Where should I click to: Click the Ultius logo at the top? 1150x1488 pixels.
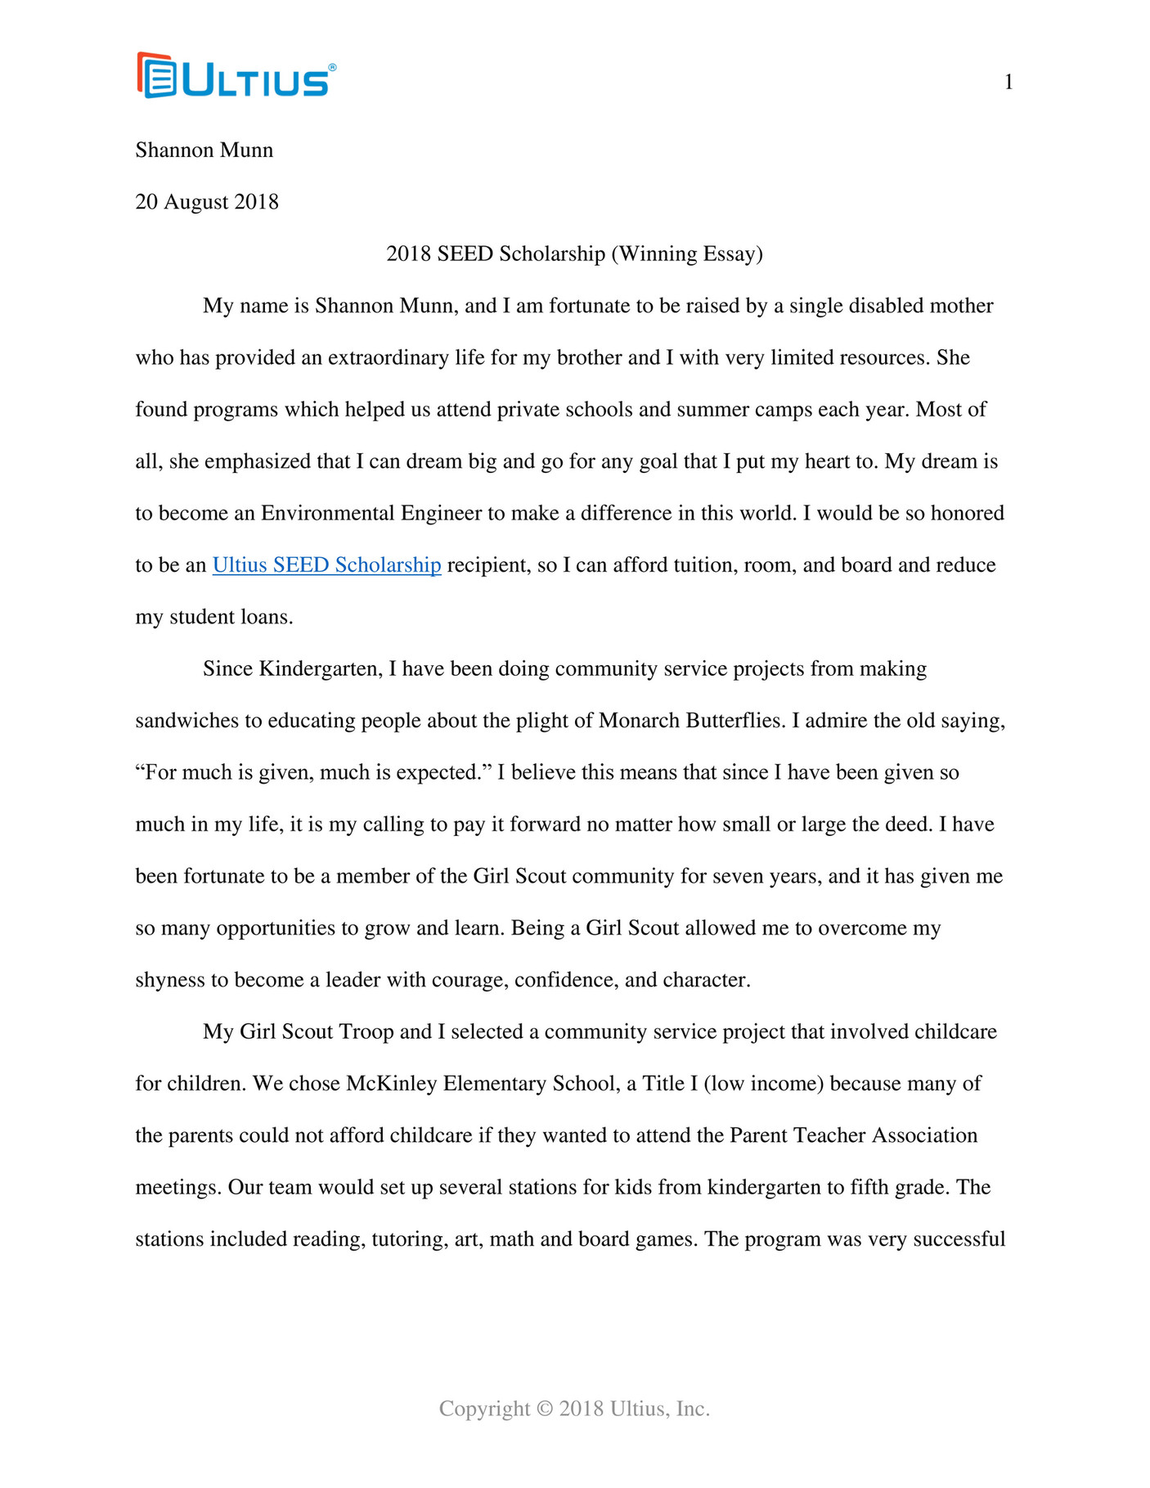tap(236, 76)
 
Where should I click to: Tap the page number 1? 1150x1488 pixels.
tap(1008, 82)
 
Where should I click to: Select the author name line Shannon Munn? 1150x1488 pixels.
tap(204, 151)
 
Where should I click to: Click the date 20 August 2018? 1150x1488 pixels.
tap(207, 202)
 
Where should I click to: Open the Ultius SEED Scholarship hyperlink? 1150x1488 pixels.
tap(326, 565)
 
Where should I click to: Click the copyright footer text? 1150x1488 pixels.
tap(574, 1409)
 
